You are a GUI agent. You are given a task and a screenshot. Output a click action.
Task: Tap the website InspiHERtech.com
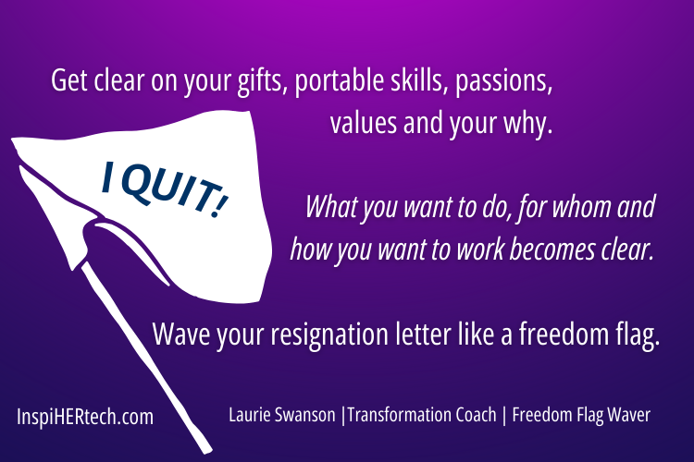point(85,417)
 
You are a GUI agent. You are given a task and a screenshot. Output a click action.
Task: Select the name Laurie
point(251,416)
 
